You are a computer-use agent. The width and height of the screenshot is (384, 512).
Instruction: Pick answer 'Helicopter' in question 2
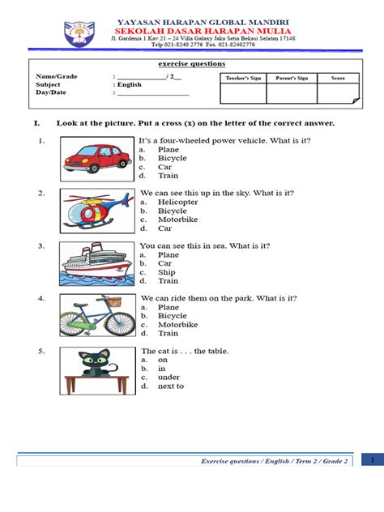click(177, 202)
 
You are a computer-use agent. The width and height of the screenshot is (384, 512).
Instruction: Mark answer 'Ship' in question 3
click(166, 272)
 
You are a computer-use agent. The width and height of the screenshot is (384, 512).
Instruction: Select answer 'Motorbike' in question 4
click(177, 324)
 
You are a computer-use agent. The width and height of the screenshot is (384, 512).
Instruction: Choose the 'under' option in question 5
click(168, 377)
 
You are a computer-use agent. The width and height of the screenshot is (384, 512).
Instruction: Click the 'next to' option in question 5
click(170, 386)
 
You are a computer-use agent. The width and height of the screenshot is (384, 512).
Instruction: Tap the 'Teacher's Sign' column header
click(243, 79)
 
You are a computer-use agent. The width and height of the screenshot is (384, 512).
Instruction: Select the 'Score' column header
click(338, 79)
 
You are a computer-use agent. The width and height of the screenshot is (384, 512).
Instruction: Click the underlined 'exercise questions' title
click(191, 64)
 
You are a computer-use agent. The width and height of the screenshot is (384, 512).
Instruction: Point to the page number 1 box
click(372, 459)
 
